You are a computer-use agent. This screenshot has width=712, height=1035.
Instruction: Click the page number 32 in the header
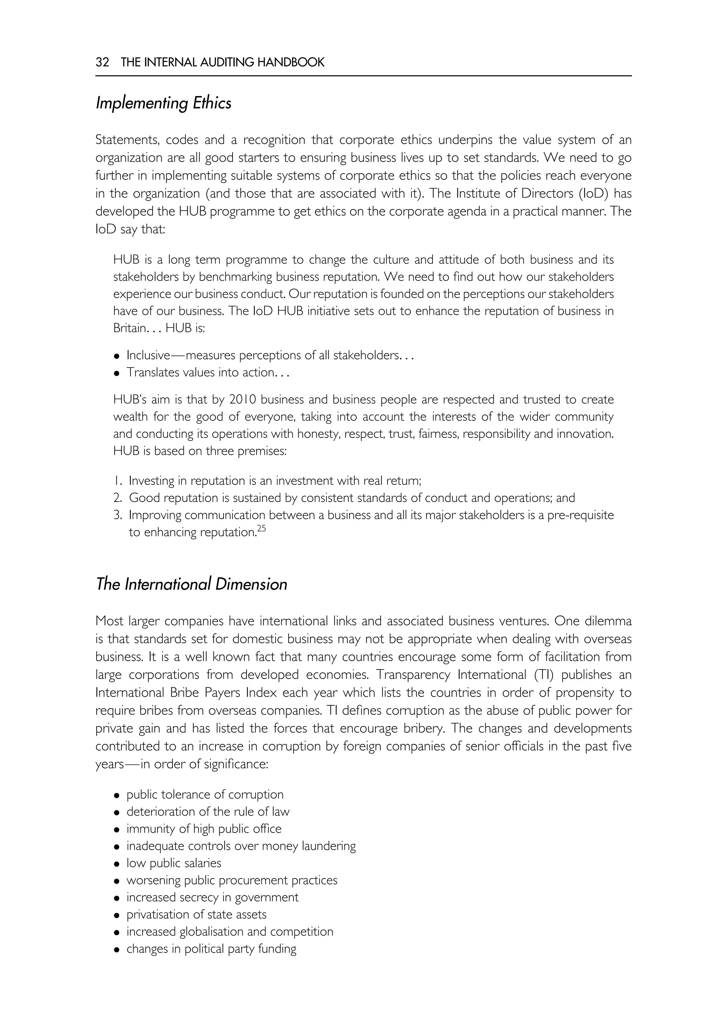click(102, 62)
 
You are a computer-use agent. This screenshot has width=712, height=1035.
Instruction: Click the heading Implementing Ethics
click(163, 103)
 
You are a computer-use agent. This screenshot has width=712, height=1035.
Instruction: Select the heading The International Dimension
click(191, 584)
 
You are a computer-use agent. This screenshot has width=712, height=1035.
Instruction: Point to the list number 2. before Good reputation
click(118, 498)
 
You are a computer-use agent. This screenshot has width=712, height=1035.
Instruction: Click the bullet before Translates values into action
click(117, 373)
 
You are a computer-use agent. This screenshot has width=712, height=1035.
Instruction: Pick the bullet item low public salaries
click(173, 863)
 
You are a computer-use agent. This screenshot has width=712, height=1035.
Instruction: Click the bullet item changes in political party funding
click(211, 948)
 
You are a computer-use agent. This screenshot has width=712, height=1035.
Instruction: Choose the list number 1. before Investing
click(118, 481)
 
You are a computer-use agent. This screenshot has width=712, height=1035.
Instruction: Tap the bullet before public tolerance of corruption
click(117, 795)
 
